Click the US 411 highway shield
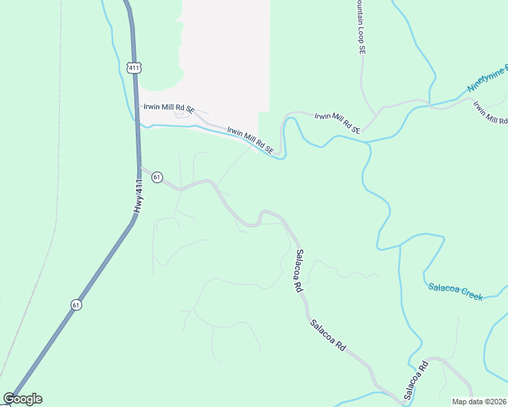pyautogui.click(x=133, y=67)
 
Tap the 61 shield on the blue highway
pyautogui.click(x=76, y=305)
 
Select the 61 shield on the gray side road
pyautogui.click(x=157, y=177)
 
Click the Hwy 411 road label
pyautogui.click(x=139, y=196)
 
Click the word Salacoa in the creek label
pyautogui.click(x=444, y=289)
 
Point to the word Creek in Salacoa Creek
pyautogui.click(x=472, y=294)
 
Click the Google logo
pyautogui.click(x=23, y=399)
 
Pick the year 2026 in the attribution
pyautogui.click(x=498, y=401)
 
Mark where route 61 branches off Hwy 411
pyautogui.click(x=141, y=167)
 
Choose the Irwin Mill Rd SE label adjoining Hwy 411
pyautogui.click(x=168, y=108)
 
